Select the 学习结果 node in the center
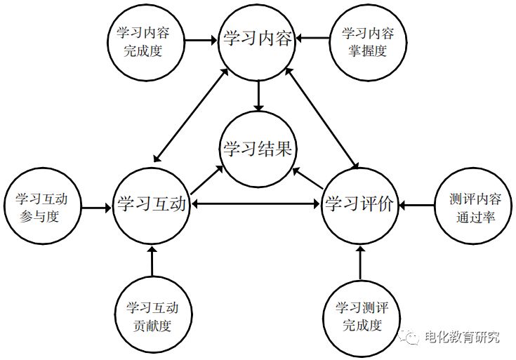coord(258,149)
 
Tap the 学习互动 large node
coord(152,204)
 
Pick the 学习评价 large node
coord(361,204)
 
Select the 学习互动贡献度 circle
coord(152,316)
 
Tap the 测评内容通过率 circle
coord(472,206)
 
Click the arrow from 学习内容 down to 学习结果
coord(258,94)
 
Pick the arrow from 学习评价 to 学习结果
coord(307,178)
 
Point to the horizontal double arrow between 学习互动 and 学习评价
coord(256,204)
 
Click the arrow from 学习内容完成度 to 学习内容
coord(202,39)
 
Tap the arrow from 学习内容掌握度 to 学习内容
coord(313,39)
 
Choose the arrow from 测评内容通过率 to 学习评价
coord(417,205)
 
